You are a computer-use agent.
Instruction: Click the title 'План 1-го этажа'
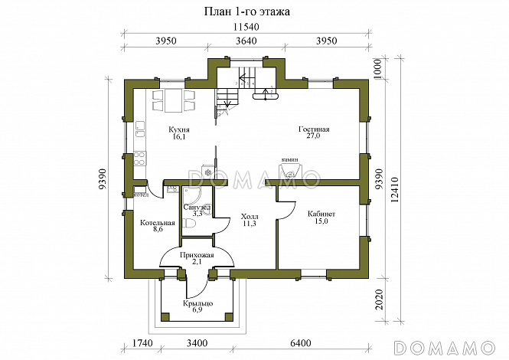tap(246, 12)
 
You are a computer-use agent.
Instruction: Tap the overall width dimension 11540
tap(246, 27)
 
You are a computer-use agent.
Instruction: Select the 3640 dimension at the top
tap(246, 41)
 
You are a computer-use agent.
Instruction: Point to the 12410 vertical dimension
tap(394, 190)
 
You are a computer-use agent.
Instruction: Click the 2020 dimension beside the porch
tap(379, 299)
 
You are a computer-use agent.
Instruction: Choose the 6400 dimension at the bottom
tap(301, 343)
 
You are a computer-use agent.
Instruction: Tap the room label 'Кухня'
tap(179, 129)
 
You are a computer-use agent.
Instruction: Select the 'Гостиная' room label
tap(314, 129)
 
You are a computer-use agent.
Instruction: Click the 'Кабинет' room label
tap(321, 214)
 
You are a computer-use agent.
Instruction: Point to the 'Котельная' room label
tap(158, 223)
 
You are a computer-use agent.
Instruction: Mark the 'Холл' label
tap(250, 217)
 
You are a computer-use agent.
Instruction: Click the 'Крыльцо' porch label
tap(197, 303)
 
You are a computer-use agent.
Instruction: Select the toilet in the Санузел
tap(189, 224)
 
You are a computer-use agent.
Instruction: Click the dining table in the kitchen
tap(173, 100)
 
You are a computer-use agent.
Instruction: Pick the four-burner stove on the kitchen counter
tap(140, 159)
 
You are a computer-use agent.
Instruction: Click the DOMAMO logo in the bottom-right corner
tap(444, 348)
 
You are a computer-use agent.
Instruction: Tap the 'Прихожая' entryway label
tap(197, 255)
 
